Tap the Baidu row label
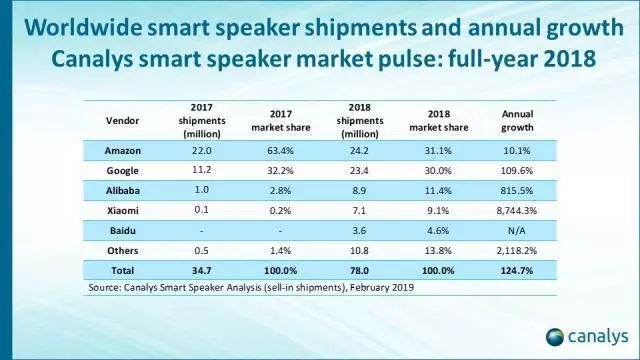click(x=119, y=230)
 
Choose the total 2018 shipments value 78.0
click(x=348, y=270)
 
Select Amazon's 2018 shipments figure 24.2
click(x=348, y=150)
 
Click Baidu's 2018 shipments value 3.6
click(x=348, y=230)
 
